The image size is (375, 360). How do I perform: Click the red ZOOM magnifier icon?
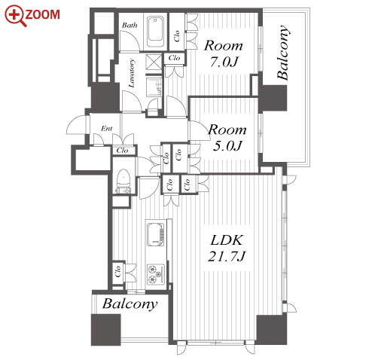(16, 16)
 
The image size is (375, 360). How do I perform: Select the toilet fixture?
(123, 182)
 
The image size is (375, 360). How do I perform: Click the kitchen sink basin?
(155, 234)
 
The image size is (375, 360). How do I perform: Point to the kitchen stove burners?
(156, 274)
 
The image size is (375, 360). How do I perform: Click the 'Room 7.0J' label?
(224, 53)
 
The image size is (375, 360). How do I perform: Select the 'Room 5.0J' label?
(227, 138)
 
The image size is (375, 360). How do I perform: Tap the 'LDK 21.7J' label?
(227, 248)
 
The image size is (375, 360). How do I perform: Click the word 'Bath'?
(130, 25)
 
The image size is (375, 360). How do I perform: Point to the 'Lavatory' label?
(132, 73)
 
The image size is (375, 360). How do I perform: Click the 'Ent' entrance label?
(107, 129)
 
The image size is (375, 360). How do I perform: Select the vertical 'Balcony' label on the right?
(283, 53)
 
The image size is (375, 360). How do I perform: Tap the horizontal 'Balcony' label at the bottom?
(130, 304)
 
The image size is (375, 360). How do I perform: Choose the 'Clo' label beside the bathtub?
(177, 36)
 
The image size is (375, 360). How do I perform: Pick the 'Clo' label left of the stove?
(117, 271)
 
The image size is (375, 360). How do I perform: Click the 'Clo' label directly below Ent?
(122, 151)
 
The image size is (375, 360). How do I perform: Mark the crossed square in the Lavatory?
(154, 61)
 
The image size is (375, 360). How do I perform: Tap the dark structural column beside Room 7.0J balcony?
(273, 98)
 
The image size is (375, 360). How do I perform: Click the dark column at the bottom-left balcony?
(106, 330)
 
